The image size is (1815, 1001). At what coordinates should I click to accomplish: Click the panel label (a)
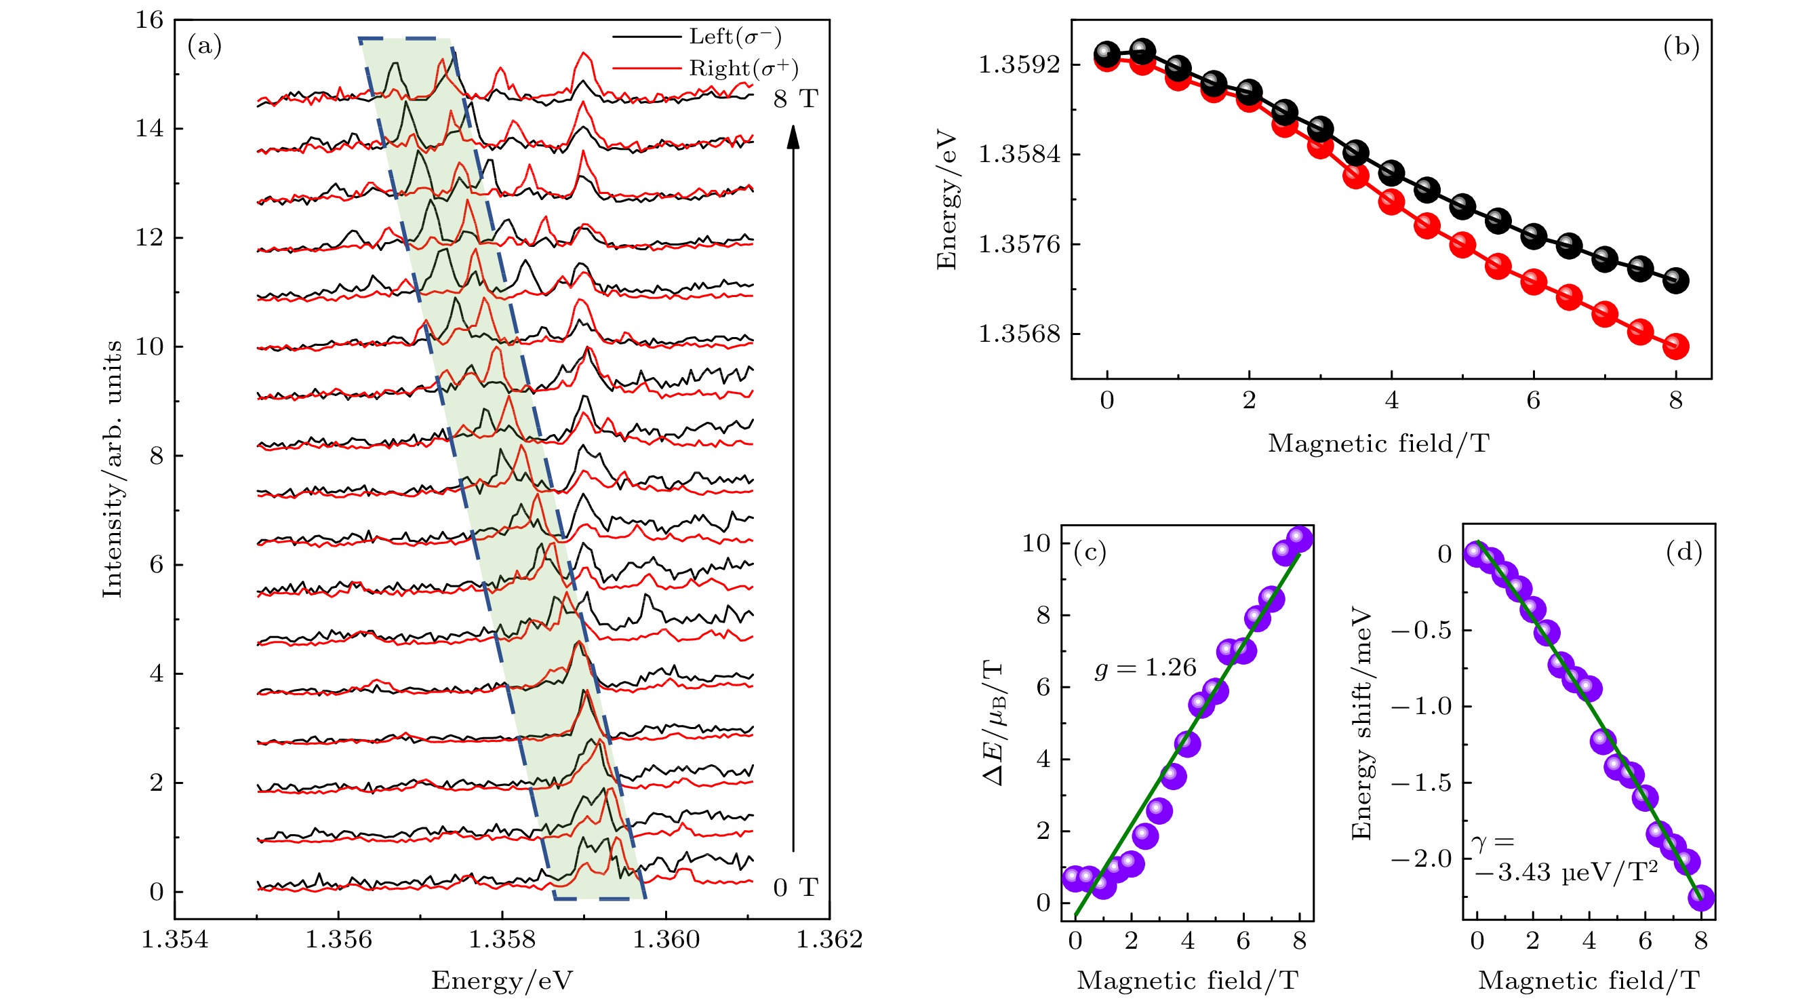204,47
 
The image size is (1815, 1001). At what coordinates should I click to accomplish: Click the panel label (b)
1681,47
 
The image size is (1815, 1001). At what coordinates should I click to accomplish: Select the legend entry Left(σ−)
735,36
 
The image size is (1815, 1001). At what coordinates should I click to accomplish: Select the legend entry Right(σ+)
743,68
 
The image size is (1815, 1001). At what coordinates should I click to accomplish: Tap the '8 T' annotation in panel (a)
795,99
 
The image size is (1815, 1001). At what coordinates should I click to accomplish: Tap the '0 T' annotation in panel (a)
795,888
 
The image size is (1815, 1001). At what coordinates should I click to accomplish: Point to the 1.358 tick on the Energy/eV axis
502,940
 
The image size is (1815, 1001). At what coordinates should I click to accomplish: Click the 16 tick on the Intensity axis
149,20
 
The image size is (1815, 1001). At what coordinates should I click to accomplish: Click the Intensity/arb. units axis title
112,469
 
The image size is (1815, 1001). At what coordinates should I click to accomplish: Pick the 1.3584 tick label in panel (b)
1019,154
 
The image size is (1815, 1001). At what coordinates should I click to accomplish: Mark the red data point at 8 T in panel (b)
1675,346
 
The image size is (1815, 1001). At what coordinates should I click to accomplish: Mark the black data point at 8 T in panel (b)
1675,281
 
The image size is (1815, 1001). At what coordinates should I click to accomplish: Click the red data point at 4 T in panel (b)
1391,203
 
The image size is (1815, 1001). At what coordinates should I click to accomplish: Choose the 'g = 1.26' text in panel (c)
1146,667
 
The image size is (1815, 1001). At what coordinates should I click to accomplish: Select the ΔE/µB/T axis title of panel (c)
993,722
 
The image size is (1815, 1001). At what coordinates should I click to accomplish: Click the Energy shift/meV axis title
1361,722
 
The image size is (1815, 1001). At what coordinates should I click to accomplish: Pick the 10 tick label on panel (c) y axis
1036,543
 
